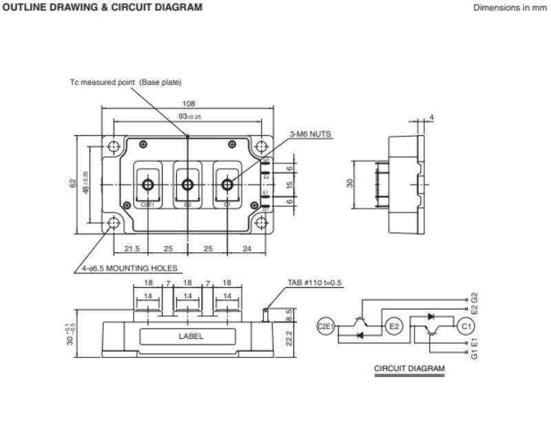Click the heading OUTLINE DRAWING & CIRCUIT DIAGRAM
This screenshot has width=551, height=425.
[103, 8]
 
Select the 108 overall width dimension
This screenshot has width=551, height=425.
[188, 104]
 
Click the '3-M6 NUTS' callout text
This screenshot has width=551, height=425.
[311, 134]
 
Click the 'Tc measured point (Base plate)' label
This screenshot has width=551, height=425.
[125, 83]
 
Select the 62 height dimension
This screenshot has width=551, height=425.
[74, 185]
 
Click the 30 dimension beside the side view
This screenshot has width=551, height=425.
[349, 184]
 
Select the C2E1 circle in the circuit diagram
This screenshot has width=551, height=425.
[325, 326]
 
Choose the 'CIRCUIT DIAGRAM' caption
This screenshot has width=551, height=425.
[409, 369]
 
